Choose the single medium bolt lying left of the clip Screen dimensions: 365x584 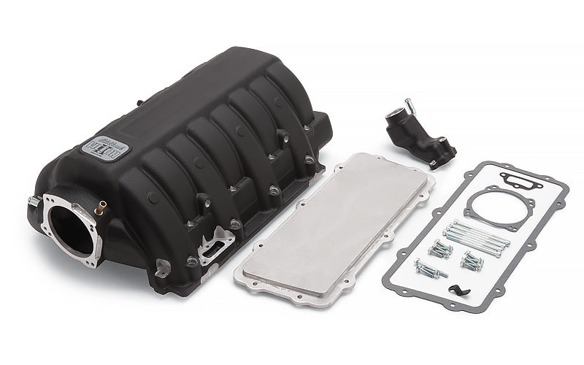point(431,269)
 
